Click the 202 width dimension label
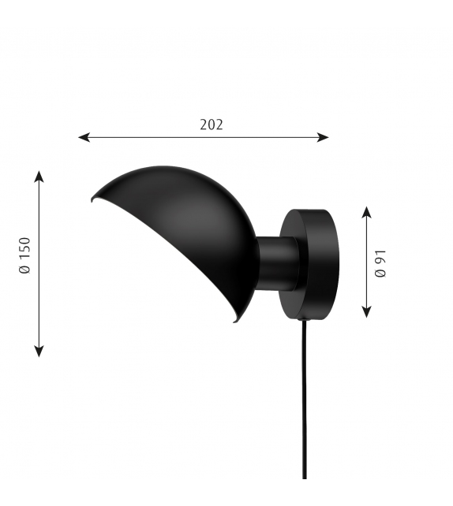(x=212, y=125)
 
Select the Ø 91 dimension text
(x=380, y=262)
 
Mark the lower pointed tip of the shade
(x=234, y=321)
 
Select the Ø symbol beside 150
(x=24, y=270)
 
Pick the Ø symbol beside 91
(x=380, y=273)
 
